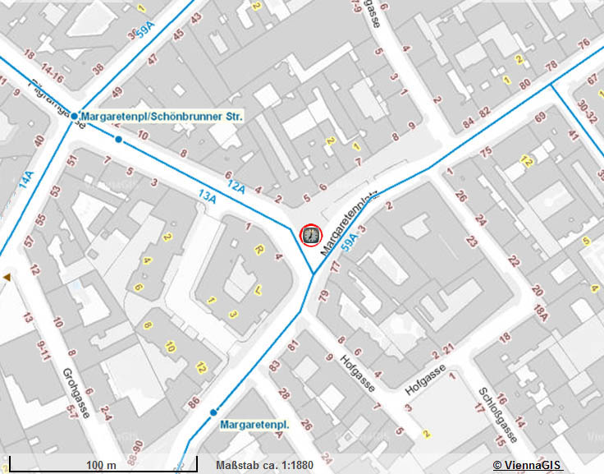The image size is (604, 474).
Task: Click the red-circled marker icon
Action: pos(311,236)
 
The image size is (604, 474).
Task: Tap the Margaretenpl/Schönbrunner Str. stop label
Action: pos(163,117)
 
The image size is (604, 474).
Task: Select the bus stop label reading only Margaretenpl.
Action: pos(254,425)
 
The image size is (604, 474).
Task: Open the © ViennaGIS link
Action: pos(526,466)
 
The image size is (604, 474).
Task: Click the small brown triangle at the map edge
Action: pos(7,278)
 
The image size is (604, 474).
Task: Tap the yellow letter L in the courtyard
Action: pos(258,288)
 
